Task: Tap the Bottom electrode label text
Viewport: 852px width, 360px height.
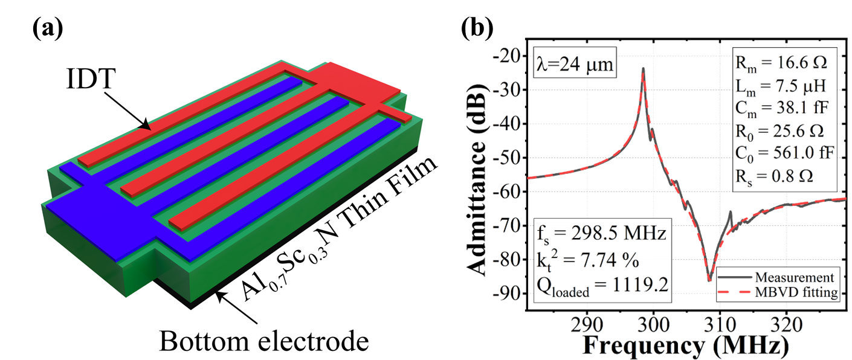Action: coord(263,342)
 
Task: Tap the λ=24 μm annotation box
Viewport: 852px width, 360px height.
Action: coord(572,62)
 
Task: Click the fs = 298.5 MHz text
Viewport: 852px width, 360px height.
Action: coord(602,233)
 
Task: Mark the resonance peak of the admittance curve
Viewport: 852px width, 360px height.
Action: coord(643,69)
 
